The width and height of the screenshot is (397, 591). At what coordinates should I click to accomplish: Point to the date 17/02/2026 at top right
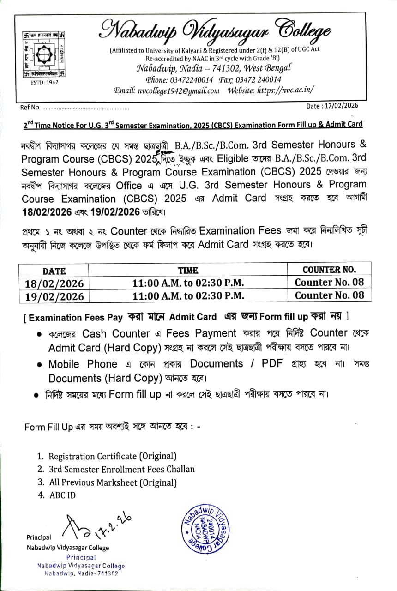point(332,106)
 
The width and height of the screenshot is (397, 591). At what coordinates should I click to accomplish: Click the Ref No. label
point(30,108)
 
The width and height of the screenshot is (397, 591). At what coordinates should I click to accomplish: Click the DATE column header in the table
point(54,271)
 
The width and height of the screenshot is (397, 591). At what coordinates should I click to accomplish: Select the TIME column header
point(188,271)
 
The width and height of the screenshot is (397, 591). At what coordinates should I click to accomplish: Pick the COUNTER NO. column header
point(329,270)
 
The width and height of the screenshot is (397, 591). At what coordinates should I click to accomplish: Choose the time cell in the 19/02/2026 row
point(188,295)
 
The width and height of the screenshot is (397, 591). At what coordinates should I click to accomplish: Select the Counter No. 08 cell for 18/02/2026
point(329,282)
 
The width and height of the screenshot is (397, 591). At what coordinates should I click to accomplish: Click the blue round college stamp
point(205,529)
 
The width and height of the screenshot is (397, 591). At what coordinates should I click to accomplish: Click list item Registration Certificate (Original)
point(112,456)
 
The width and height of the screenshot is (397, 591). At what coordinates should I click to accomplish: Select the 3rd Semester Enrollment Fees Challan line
point(121,469)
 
